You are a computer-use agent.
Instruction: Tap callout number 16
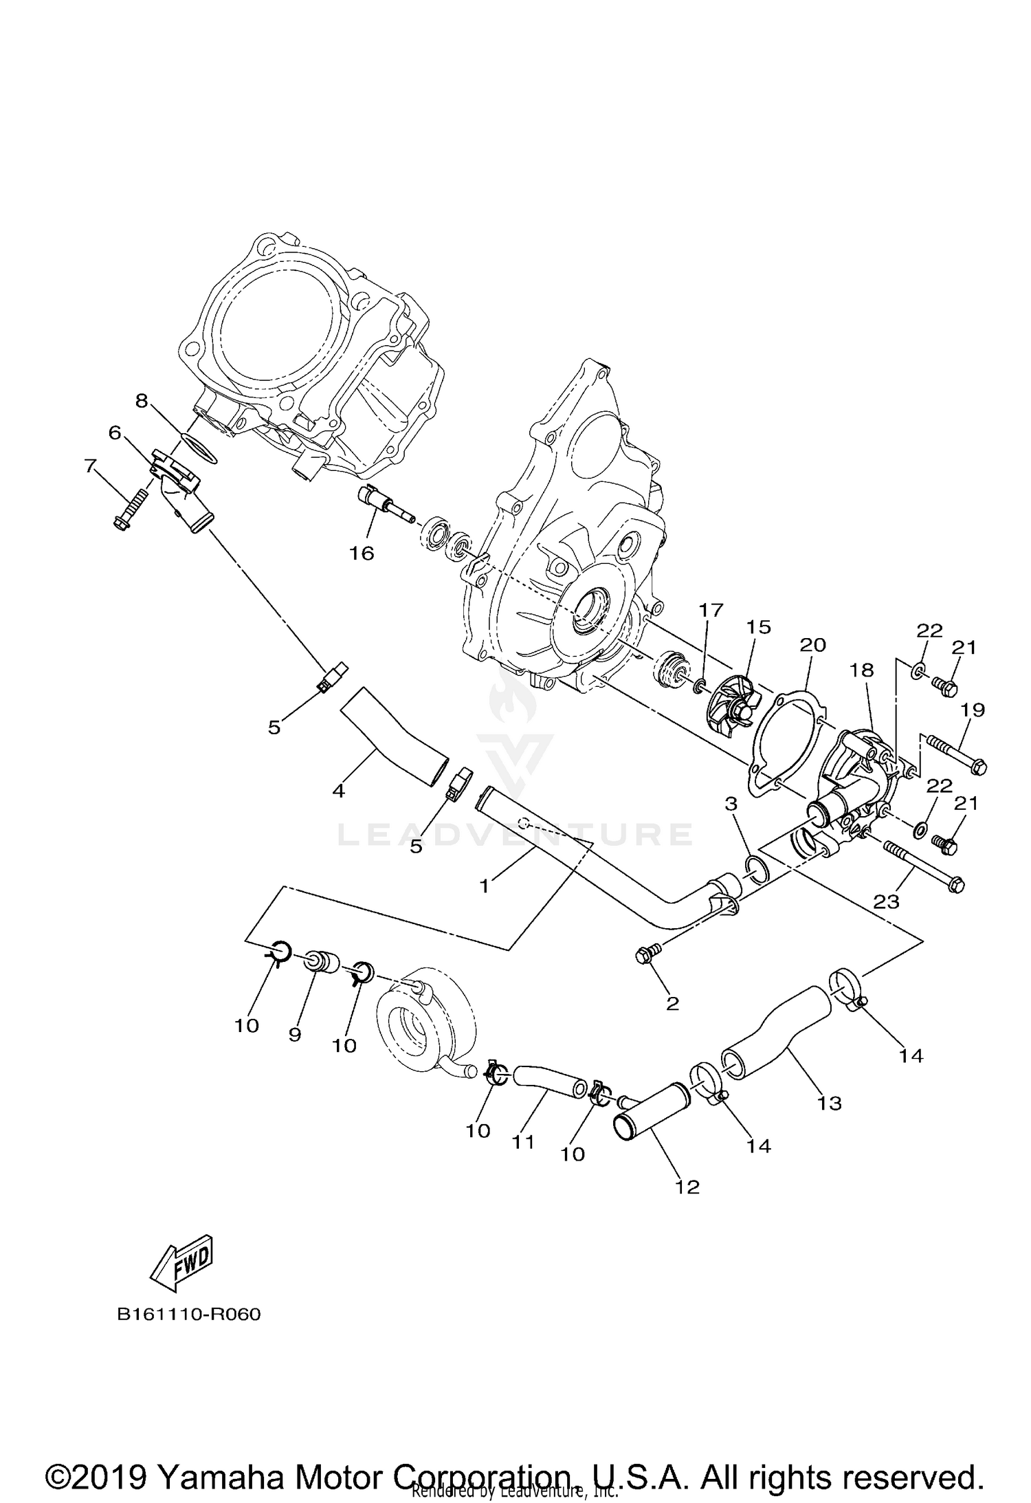(x=362, y=552)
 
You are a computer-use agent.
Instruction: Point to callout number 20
(x=812, y=645)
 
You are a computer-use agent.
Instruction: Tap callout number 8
(x=142, y=400)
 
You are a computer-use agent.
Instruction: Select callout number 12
(x=687, y=1187)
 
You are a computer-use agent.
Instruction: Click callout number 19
(x=974, y=710)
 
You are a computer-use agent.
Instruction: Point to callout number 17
(x=711, y=609)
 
